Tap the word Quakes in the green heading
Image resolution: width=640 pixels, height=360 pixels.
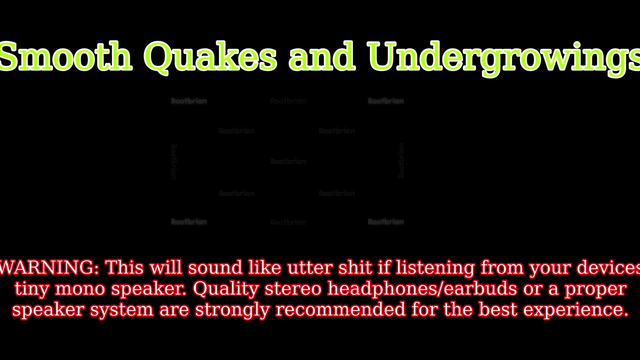[x=210, y=56]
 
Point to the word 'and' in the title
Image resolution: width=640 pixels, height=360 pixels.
[x=322, y=56]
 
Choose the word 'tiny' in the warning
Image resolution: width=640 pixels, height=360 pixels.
[x=32, y=289]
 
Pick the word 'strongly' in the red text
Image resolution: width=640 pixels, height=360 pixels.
[x=232, y=310]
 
